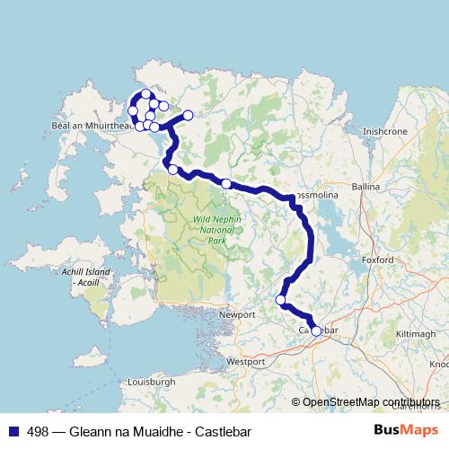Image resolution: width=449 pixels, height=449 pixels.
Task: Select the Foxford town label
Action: pos(378,260)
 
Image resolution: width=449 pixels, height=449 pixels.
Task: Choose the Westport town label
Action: pos(246,361)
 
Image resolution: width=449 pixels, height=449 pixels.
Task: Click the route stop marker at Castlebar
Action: pos(315,330)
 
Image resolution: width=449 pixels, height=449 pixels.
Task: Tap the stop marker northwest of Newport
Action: pos(280,300)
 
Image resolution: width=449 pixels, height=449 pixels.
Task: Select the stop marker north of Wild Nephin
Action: pos(226,183)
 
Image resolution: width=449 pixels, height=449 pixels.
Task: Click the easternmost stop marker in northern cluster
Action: pos(189,115)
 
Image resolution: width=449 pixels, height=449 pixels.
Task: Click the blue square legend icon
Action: pos(13,430)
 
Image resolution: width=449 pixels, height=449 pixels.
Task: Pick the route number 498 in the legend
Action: pos(37,430)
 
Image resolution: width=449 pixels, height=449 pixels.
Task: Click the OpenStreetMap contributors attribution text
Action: pos(370,401)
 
